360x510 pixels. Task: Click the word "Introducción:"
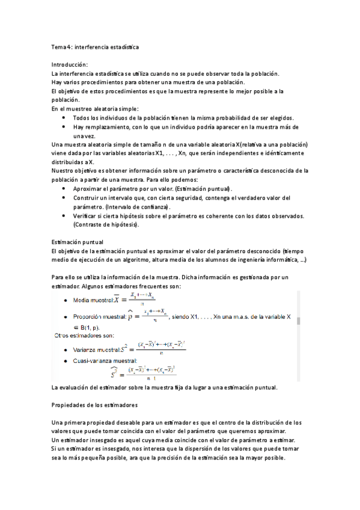click(70, 64)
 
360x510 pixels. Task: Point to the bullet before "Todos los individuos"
click(64, 118)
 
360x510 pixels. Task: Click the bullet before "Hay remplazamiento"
click(64, 127)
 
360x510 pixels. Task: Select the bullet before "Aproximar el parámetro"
click(64, 188)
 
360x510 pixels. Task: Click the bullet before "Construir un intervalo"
click(64, 197)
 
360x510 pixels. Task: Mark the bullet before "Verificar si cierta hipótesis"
click(64, 215)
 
